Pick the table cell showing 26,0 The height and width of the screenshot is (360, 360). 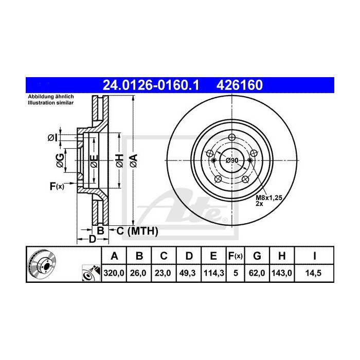point(139,274)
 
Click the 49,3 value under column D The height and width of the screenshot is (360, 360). point(188,274)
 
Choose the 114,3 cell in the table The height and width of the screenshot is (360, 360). point(213,274)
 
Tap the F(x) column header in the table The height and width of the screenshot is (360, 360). point(236,256)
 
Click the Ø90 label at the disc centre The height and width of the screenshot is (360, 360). point(232,160)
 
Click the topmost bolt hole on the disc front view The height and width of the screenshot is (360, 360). point(231,137)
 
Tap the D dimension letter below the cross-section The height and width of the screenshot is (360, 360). point(92,239)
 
